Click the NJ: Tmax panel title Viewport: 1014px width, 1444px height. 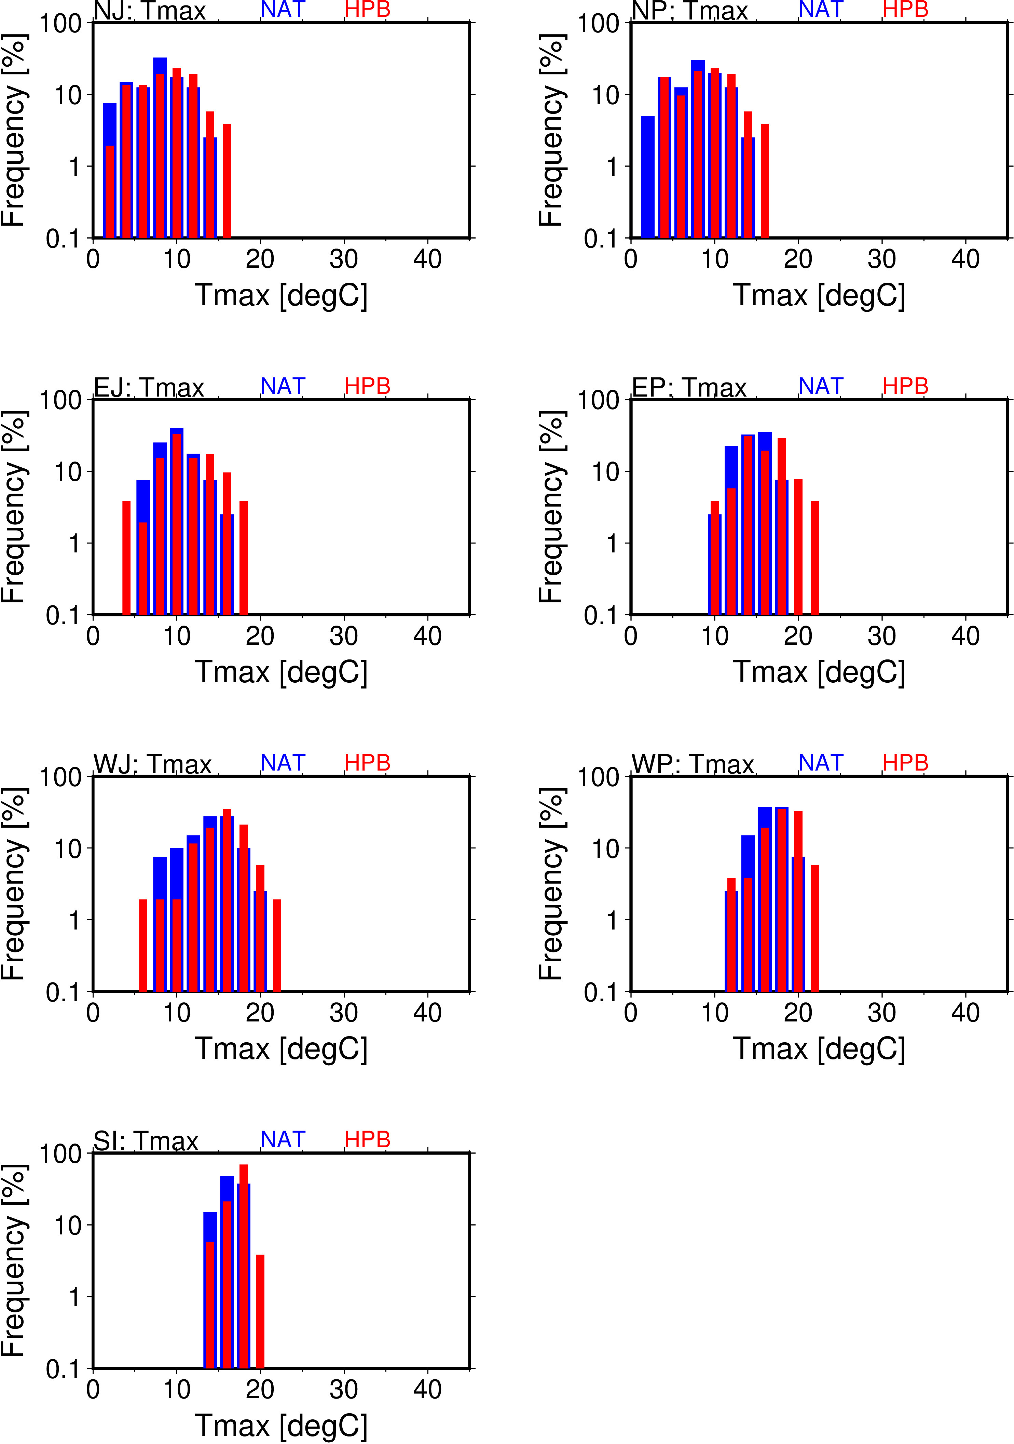150,11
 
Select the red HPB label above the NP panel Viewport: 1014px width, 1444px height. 905,10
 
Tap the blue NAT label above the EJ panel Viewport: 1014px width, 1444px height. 283,386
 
